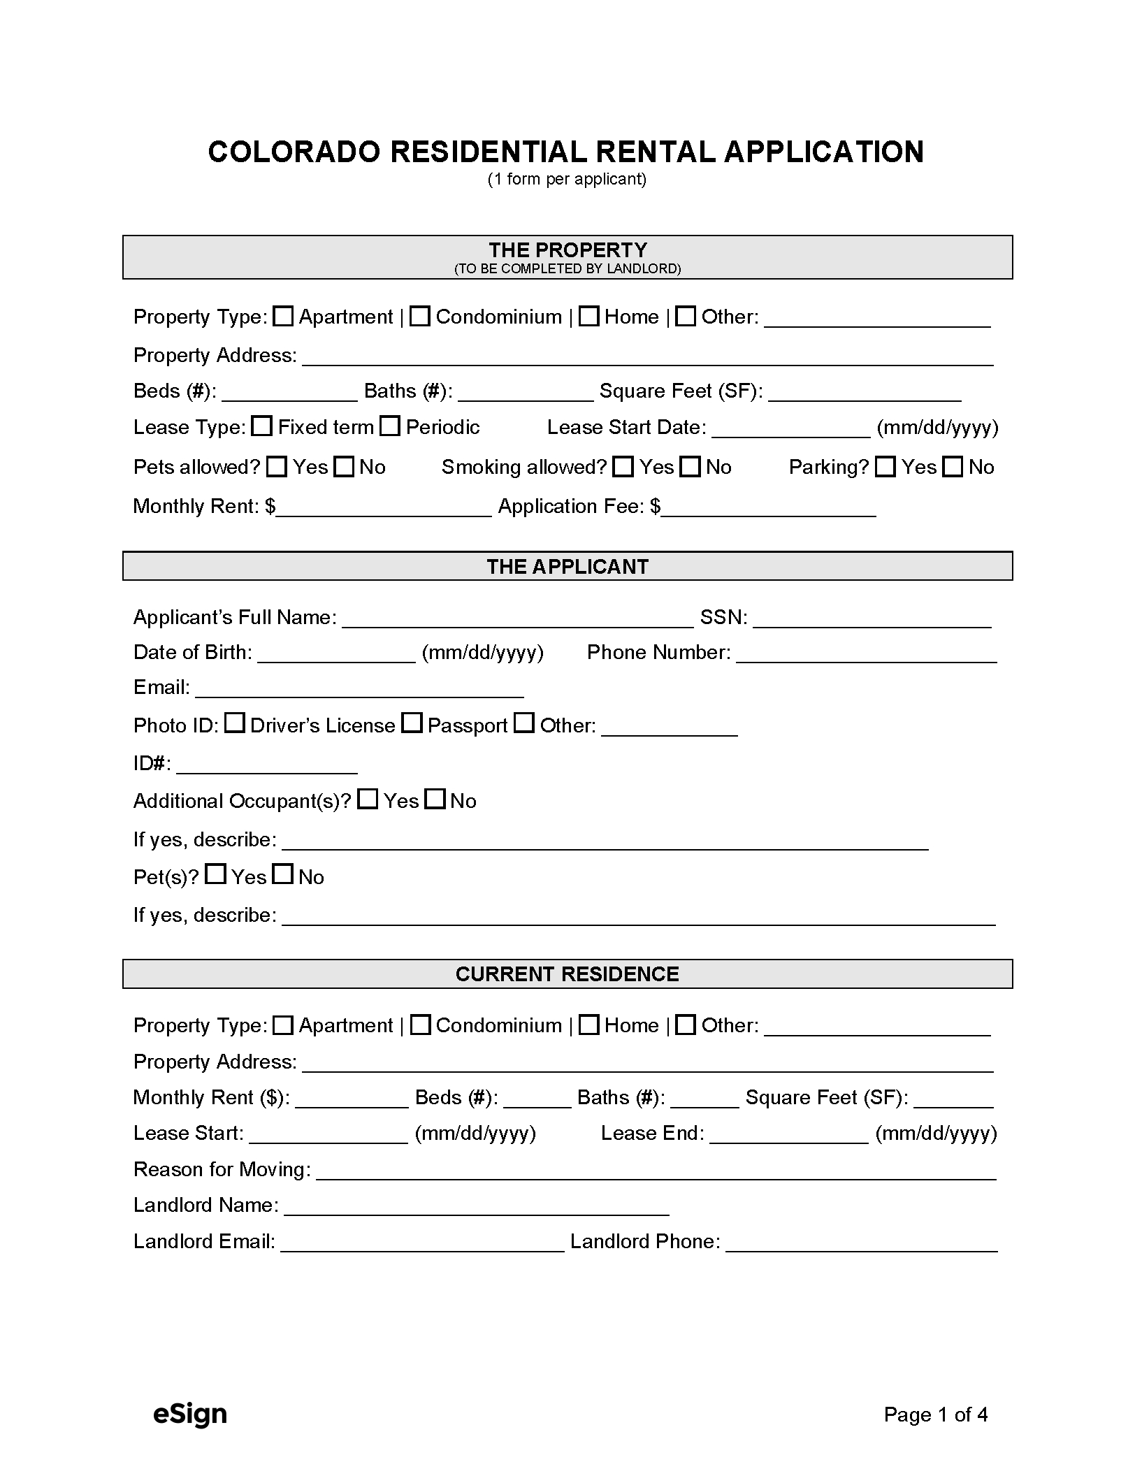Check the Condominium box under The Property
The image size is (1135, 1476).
(x=419, y=317)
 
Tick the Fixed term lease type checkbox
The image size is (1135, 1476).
(x=261, y=426)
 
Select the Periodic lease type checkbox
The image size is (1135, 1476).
(x=389, y=426)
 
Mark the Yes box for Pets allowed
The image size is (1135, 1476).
(x=277, y=467)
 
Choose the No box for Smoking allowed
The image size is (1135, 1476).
(x=691, y=467)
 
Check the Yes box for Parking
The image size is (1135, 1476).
(x=885, y=467)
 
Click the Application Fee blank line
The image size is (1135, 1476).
(x=769, y=507)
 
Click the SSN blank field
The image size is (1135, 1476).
(x=872, y=618)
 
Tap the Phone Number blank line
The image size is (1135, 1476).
(x=866, y=653)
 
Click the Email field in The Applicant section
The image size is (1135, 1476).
(x=359, y=688)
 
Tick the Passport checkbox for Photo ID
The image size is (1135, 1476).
(x=412, y=723)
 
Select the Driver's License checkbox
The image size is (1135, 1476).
(x=235, y=723)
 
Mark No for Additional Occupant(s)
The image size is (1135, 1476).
(x=435, y=799)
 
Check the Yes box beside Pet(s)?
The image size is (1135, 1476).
(x=216, y=874)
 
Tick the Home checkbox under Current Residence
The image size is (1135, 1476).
(x=589, y=1025)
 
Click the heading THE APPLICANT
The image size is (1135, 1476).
(x=567, y=566)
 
